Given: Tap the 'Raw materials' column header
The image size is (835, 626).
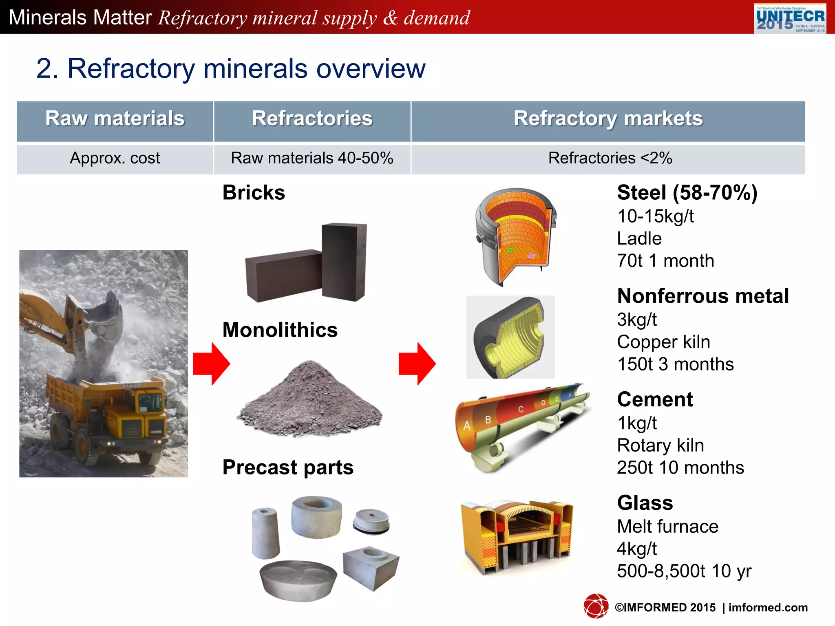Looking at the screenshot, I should click(115, 119).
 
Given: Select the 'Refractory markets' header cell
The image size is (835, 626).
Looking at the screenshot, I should click(608, 119).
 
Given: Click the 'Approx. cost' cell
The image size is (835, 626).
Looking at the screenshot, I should click(115, 158).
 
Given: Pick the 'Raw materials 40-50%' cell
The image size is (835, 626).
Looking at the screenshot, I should click(312, 158).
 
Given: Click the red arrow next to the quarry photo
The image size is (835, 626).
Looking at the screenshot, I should click(211, 364).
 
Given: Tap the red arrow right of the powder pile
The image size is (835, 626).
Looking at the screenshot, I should click(417, 364).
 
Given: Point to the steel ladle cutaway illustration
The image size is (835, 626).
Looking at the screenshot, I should click(516, 236).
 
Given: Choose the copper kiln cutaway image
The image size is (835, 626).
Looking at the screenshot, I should click(510, 337).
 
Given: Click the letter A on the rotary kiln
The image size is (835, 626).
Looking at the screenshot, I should click(467, 426).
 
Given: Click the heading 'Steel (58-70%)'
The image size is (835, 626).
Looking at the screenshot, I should click(687, 193).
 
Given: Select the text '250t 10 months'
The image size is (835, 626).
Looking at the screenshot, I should click(680, 467).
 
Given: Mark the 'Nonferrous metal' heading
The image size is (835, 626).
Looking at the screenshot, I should click(703, 296).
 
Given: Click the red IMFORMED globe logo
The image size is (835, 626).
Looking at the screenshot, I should click(596, 606).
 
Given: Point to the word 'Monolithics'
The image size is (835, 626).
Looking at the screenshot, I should click(280, 330).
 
